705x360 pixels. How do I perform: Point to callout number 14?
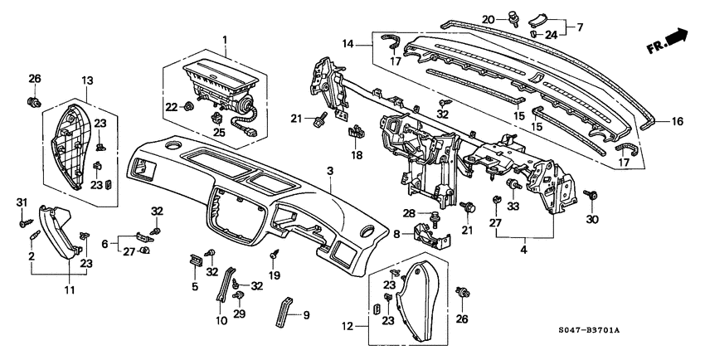(348, 44)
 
